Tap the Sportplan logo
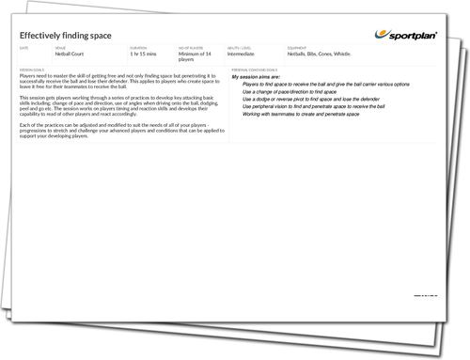pos(412,34)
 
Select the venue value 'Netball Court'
pos(72,54)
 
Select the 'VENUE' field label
pos(60,47)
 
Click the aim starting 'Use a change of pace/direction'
pos(295,91)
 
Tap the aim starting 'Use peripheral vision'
pos(315,107)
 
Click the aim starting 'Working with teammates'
pos(302,115)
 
